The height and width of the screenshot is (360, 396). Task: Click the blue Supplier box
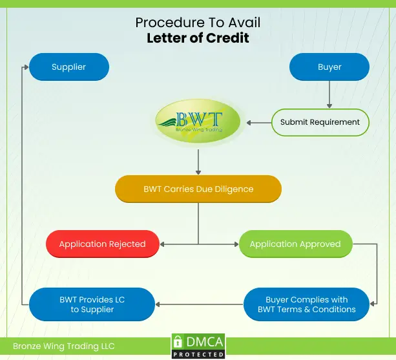click(69, 67)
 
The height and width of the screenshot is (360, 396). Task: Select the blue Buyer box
click(329, 67)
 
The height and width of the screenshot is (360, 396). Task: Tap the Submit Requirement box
click(320, 122)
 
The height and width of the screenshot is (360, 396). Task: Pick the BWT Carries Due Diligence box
click(198, 189)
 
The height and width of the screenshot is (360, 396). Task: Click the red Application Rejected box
click(102, 244)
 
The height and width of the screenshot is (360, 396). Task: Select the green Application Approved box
click(295, 244)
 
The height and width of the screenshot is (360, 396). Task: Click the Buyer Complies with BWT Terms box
click(307, 304)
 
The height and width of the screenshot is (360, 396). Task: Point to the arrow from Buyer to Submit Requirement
click(329, 94)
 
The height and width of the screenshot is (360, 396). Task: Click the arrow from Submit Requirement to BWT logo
click(258, 122)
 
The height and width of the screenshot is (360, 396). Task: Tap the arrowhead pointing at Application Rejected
click(163, 244)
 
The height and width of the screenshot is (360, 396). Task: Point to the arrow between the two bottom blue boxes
click(199, 304)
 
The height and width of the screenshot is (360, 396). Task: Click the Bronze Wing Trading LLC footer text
click(63, 346)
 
